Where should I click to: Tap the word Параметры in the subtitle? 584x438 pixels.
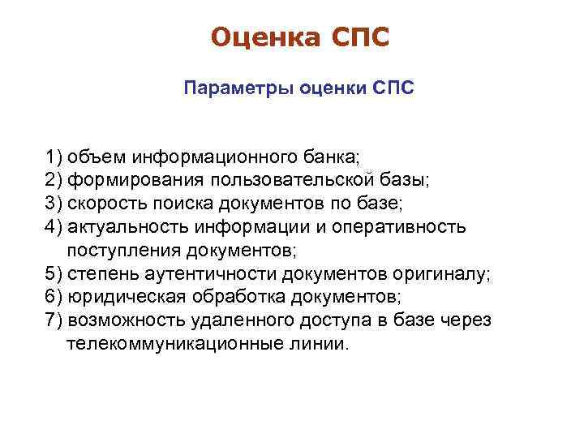pyautogui.click(x=225, y=87)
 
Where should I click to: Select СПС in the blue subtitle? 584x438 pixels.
pyautogui.click(x=393, y=87)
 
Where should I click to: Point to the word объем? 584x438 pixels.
pyautogui.click(x=96, y=155)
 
